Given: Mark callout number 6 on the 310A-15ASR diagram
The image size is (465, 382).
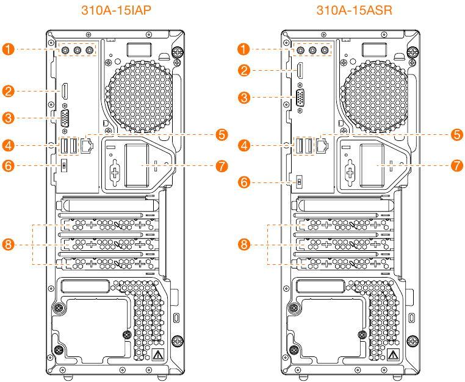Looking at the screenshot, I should (245, 182).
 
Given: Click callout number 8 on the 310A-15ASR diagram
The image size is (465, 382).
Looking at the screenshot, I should (245, 244).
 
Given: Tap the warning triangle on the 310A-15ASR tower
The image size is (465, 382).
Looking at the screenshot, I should (392, 355).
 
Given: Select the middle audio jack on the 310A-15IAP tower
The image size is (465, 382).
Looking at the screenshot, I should (77, 51).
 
